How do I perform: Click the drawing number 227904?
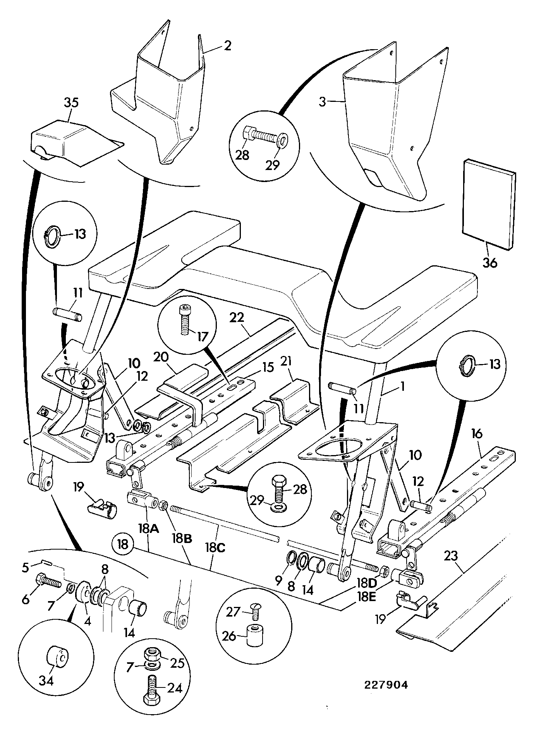coord(386,685)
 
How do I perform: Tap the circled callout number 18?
coord(123,544)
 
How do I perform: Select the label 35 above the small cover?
coord(71,103)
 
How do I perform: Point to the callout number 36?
coord(489,263)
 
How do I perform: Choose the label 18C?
coord(213,548)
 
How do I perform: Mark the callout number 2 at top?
coord(227,46)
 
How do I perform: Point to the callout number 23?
coord(451,557)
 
